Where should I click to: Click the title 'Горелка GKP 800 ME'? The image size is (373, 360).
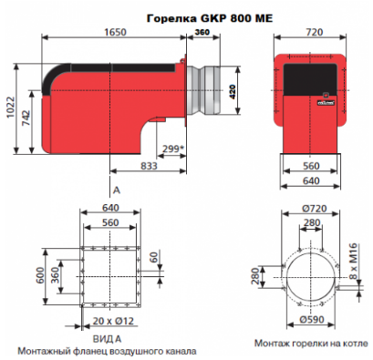pyautogui.click(x=210, y=18)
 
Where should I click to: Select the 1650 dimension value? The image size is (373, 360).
pyautogui.click(x=115, y=32)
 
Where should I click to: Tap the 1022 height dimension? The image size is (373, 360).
pyautogui.click(x=11, y=108)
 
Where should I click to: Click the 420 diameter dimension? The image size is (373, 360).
pyautogui.click(x=233, y=92)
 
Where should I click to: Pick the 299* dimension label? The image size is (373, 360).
pyautogui.click(x=173, y=149)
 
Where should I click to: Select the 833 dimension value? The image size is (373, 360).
pyautogui.click(x=149, y=166)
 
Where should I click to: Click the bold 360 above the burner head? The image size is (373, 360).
pyautogui.click(x=202, y=32)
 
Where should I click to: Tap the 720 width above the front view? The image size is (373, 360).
pyautogui.click(x=315, y=32)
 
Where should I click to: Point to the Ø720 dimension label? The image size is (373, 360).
pyautogui.click(x=315, y=209)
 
